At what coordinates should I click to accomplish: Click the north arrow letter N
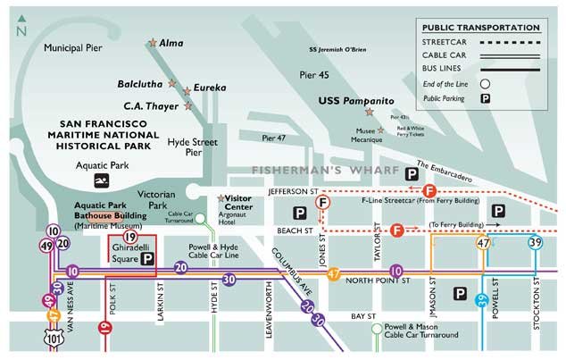pyautogui.click(x=21, y=30)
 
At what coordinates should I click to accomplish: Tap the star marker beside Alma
pyautogui.click(x=153, y=43)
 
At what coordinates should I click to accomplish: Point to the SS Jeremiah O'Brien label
pyautogui.click(x=337, y=49)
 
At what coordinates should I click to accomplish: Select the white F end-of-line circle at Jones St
pyautogui.click(x=323, y=204)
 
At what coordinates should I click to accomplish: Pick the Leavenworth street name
pyautogui.click(x=268, y=312)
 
